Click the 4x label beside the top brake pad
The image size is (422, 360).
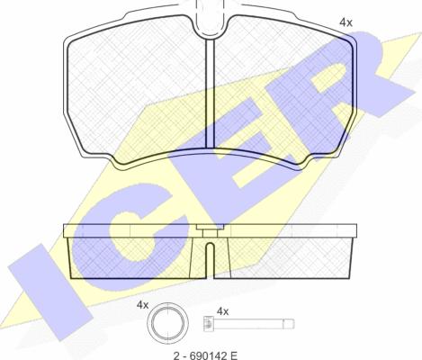[x=346, y=22]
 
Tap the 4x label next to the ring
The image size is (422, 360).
[x=142, y=305]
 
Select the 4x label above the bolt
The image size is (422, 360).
[x=222, y=312]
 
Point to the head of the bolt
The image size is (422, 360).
[x=209, y=324]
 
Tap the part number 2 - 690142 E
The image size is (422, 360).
[x=205, y=355]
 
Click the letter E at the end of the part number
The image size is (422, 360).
[x=234, y=355]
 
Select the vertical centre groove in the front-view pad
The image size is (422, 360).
[x=210, y=94]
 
